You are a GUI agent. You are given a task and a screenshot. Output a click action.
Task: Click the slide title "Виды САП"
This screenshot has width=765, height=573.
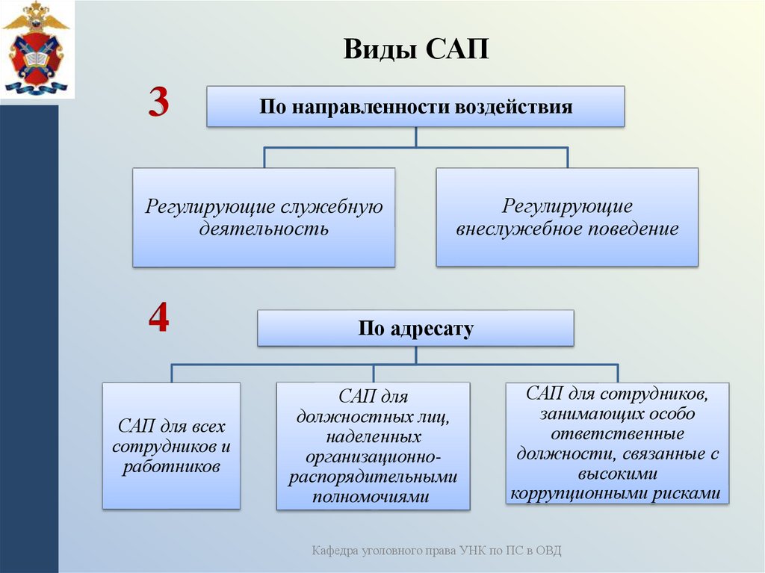click(415, 51)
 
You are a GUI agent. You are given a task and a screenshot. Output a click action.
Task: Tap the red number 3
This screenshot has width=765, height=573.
click(158, 102)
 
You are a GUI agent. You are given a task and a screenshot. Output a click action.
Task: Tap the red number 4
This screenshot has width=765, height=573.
click(158, 320)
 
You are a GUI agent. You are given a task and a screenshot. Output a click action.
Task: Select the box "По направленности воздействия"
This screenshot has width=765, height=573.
click(415, 106)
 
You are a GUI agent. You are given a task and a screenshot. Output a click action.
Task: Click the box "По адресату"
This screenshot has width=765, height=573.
click(415, 329)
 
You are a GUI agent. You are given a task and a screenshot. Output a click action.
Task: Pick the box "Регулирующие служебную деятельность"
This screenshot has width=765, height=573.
click(264, 217)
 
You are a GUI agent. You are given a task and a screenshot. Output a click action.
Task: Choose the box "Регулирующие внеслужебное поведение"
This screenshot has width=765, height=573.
click(567, 217)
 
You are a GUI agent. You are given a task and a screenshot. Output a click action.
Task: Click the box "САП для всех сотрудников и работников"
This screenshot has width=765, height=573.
click(171, 446)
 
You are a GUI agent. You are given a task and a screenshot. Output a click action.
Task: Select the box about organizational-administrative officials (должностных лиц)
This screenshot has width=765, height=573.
click(373, 446)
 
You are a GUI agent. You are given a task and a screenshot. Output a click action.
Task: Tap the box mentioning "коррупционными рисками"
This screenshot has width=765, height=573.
click(617, 443)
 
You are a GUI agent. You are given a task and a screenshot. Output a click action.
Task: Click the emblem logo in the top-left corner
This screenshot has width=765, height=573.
click(35, 49)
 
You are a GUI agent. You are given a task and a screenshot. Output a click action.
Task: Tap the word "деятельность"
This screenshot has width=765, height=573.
click(264, 229)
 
